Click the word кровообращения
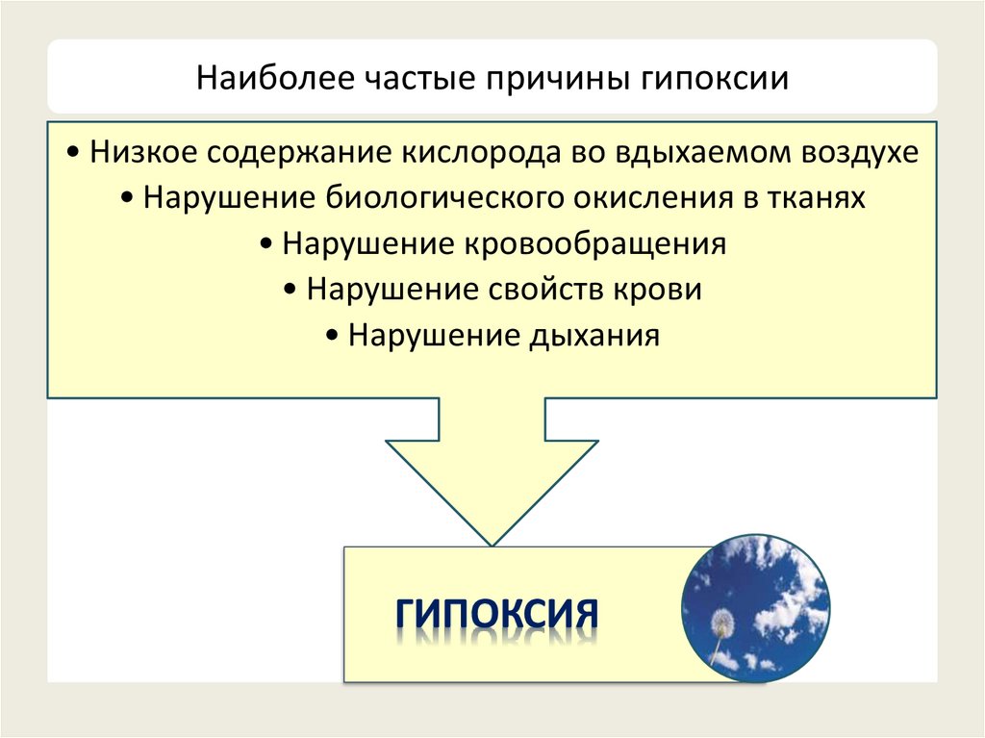pyautogui.click(x=596, y=244)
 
